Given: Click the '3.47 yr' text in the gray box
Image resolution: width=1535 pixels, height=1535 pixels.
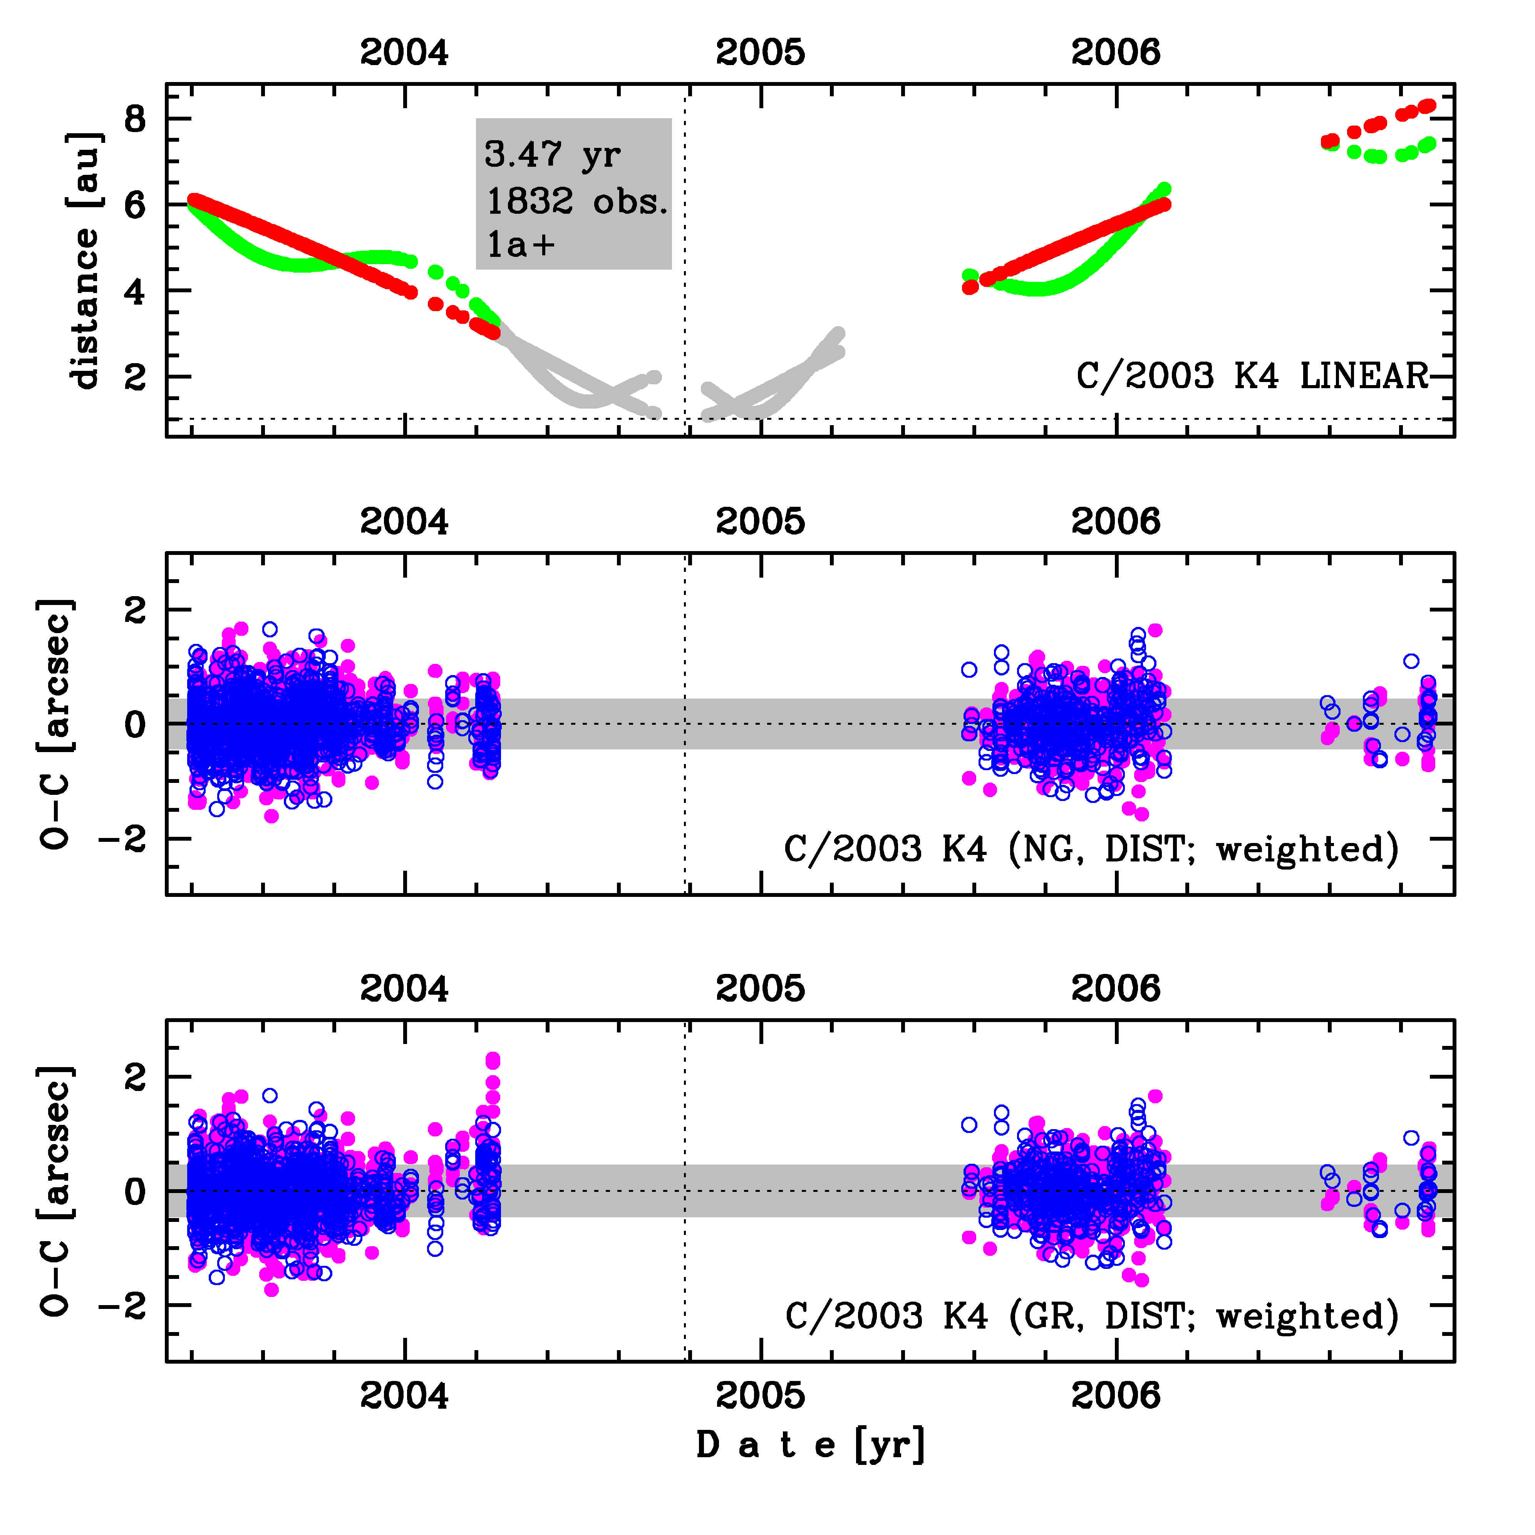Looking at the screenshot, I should (x=552, y=155).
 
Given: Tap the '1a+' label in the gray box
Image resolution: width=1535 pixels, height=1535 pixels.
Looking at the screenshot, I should (x=520, y=245).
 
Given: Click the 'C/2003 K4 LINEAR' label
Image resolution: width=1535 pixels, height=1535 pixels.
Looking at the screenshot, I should (x=1252, y=376).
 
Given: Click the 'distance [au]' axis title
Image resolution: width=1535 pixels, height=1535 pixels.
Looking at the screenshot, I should (x=85, y=260).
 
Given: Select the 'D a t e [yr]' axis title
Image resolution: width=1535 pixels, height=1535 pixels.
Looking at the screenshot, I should (x=810, y=1445).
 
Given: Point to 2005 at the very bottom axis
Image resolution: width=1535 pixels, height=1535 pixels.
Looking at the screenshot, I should (x=760, y=1396).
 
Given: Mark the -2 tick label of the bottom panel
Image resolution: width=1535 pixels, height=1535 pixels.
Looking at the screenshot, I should (x=123, y=1305).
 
